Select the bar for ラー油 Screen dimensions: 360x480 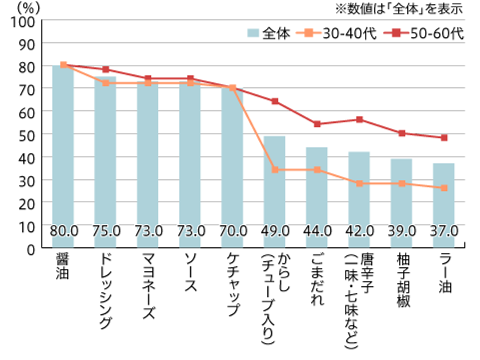[x=443, y=206]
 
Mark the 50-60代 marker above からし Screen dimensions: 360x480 [x=275, y=101]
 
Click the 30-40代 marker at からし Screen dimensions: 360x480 [x=275, y=170]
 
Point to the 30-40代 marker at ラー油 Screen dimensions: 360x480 [x=443, y=188]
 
